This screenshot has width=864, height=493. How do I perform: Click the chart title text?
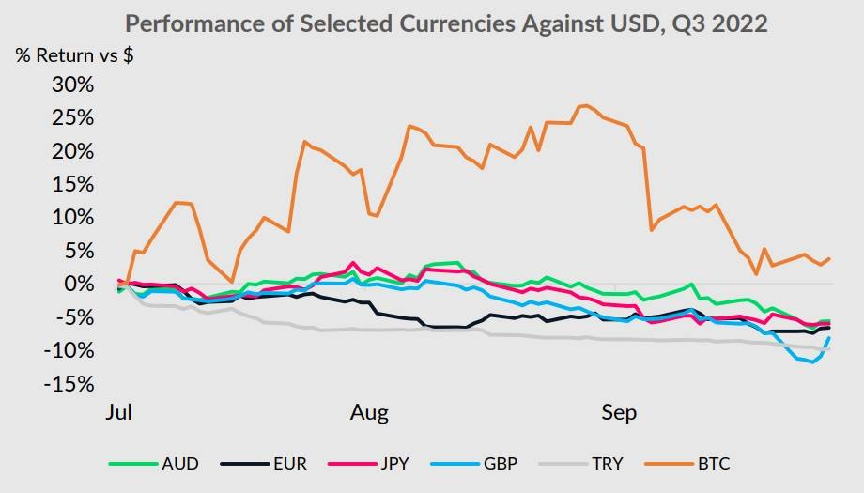click(x=446, y=23)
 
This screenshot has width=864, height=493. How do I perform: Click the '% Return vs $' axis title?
click(x=74, y=54)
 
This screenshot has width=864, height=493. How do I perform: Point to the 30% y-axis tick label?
click(x=71, y=85)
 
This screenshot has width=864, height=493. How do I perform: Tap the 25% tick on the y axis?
click(x=71, y=118)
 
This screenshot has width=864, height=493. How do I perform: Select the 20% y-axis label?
click(x=71, y=151)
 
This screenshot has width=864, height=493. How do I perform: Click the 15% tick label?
click(x=71, y=185)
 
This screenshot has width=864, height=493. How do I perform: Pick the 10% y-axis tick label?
click(x=71, y=218)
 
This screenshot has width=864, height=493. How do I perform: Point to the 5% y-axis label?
click(x=77, y=251)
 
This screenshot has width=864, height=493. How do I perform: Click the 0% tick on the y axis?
click(x=77, y=285)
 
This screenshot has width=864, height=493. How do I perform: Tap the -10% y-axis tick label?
click(x=69, y=350)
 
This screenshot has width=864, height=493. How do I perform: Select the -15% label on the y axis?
click(x=69, y=384)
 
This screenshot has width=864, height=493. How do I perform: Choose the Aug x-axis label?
click(x=369, y=413)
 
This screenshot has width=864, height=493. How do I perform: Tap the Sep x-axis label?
click(x=618, y=413)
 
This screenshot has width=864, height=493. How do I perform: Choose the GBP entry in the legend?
click(x=501, y=464)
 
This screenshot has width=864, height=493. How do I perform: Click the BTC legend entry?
click(x=714, y=464)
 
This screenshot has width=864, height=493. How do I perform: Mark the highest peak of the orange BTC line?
click(x=584, y=105)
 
